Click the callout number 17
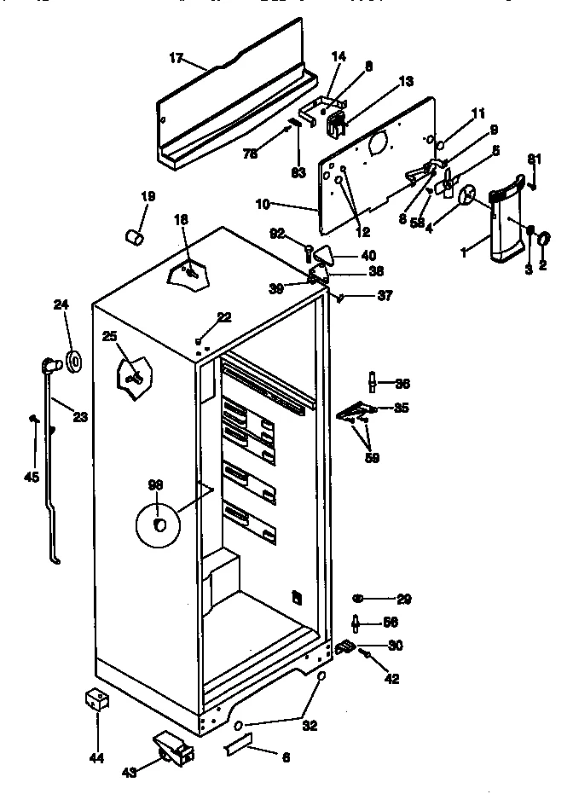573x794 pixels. coord(176,59)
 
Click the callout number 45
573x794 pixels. coord(32,477)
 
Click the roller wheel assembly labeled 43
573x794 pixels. coord(173,749)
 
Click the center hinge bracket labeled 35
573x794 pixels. coord(358,412)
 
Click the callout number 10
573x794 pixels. coord(263,204)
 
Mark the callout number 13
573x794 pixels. coord(406,82)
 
